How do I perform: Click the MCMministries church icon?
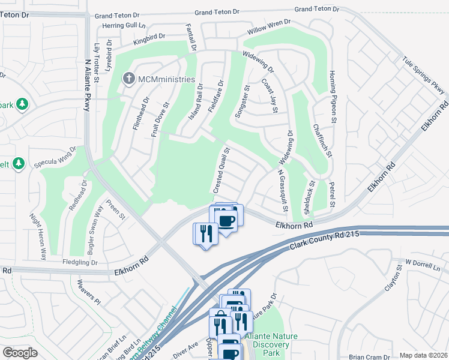[128, 79]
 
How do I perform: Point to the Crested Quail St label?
[220, 171]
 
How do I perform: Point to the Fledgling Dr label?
[79, 262]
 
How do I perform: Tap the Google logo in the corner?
[20, 353]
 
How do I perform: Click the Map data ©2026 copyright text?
[423, 355]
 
